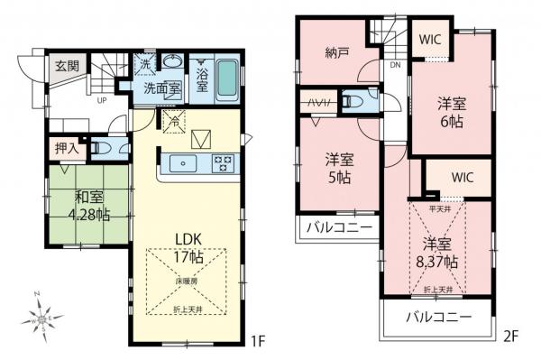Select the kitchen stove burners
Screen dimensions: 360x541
coord(222,163)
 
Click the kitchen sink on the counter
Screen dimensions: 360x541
coord(183,163)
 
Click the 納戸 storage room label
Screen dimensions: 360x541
coord(337,53)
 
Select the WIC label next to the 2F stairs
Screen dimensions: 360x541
coord(428,41)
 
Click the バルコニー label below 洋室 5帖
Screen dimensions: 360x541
coord(337,226)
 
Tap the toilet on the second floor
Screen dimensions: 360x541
coord(361,101)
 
